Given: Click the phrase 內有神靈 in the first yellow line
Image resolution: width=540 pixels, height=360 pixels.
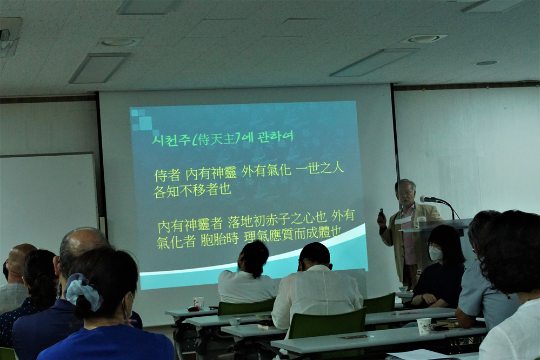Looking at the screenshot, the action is (211, 174).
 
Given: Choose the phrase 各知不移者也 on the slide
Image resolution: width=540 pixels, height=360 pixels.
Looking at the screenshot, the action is (192, 191).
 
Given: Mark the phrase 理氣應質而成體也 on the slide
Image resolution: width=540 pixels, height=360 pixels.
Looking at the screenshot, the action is (293, 235).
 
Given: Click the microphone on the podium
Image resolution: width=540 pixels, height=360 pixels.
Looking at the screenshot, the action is (429, 199).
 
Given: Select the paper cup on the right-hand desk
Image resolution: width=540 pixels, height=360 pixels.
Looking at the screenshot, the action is (424, 326).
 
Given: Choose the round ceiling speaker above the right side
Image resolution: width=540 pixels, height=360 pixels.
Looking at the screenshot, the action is (424, 38).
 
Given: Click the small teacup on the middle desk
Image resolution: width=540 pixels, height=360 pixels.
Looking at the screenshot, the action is (235, 322).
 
